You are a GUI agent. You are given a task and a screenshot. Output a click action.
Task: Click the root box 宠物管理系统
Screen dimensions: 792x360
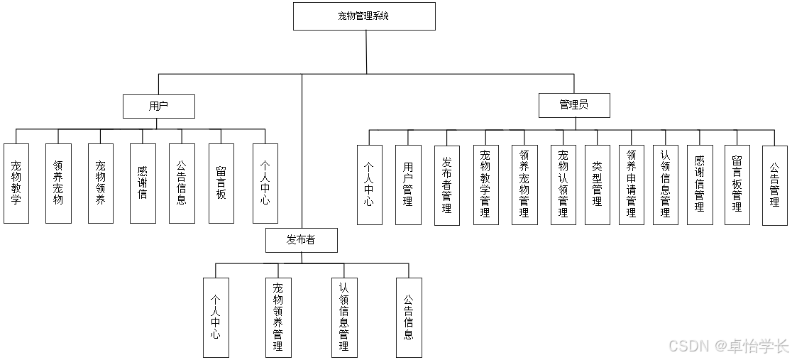tap(364, 16)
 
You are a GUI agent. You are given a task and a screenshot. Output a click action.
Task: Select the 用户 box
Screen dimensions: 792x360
tap(158, 107)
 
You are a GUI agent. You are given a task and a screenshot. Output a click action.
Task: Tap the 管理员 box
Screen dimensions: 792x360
tap(574, 105)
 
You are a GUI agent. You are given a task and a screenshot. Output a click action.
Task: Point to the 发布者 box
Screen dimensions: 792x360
tap(302, 240)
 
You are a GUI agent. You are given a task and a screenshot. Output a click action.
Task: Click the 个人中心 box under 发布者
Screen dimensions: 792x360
tap(216, 317)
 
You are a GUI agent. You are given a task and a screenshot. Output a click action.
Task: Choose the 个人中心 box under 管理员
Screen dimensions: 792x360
tap(370, 185)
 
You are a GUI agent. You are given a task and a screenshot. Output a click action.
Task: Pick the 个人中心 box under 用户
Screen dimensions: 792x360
tap(265, 183)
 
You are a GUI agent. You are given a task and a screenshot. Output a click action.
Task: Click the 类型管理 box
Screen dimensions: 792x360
tap(598, 185)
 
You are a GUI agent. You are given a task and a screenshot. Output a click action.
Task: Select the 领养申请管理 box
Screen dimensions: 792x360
tap(632, 185)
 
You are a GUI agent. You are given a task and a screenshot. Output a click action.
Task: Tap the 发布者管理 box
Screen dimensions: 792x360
tap(447, 185)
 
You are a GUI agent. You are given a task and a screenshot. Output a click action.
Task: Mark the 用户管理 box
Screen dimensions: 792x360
tap(408, 185)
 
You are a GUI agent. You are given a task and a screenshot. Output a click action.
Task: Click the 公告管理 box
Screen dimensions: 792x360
tap(775, 185)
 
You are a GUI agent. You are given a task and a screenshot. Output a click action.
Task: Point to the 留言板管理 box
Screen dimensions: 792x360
tap(737, 185)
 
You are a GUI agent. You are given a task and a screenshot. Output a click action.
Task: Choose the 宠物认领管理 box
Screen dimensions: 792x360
tap(563, 185)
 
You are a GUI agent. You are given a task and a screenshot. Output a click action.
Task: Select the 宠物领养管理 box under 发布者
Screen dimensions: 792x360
tap(277, 317)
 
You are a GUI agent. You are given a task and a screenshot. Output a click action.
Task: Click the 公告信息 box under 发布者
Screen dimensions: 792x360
tap(409, 317)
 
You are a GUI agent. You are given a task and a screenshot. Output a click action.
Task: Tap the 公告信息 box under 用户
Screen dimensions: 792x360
tap(182, 183)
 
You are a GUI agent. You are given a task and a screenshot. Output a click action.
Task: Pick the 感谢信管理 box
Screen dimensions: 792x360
tap(700, 185)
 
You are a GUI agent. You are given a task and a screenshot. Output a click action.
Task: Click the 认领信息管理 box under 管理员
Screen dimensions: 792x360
tap(665, 185)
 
